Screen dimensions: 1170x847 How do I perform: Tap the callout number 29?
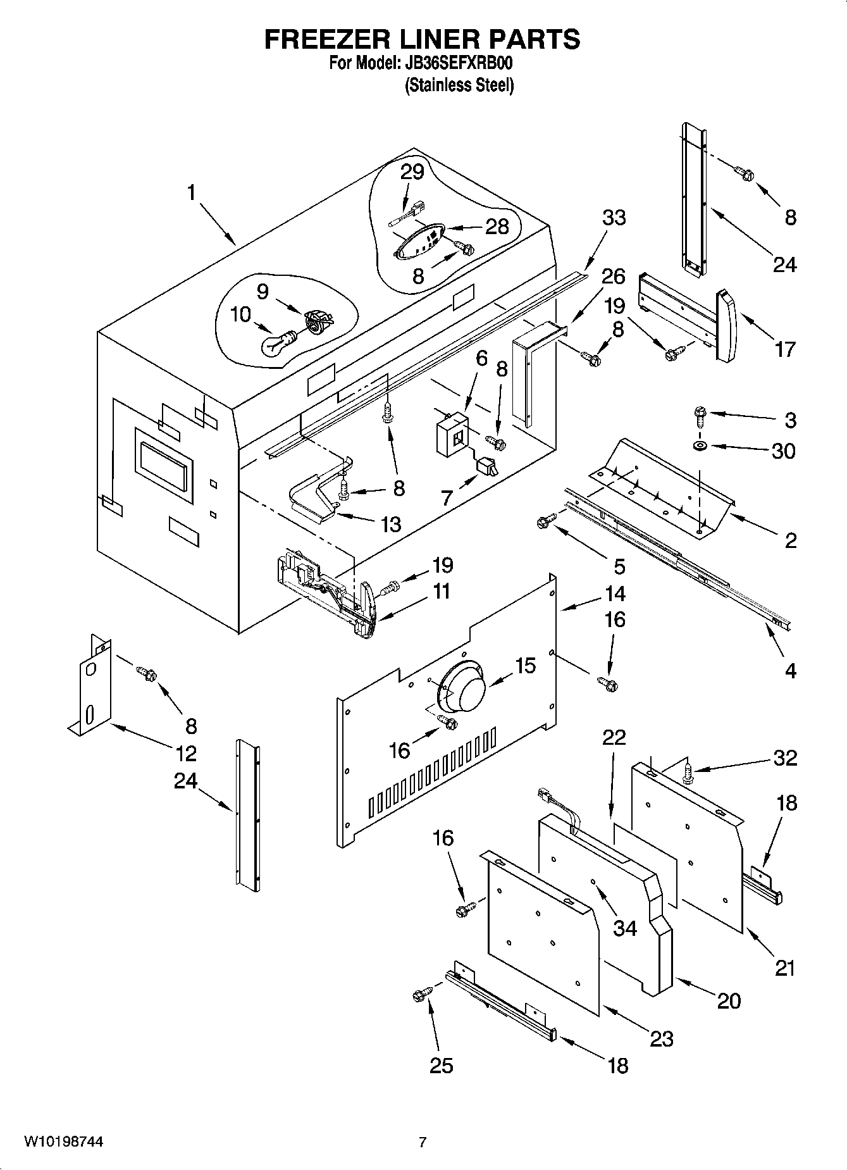(412, 172)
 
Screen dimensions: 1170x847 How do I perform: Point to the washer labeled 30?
(700, 447)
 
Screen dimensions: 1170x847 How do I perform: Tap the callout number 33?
(613, 217)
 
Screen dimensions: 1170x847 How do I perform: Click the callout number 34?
(624, 928)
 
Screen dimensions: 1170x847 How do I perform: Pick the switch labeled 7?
(488, 467)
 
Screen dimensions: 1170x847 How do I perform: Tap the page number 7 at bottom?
(422, 1142)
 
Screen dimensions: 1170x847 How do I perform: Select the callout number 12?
(186, 753)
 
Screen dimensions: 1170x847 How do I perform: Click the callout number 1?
(192, 192)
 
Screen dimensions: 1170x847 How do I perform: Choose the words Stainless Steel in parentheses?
(459, 85)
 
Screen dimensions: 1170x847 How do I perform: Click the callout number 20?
(728, 1000)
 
